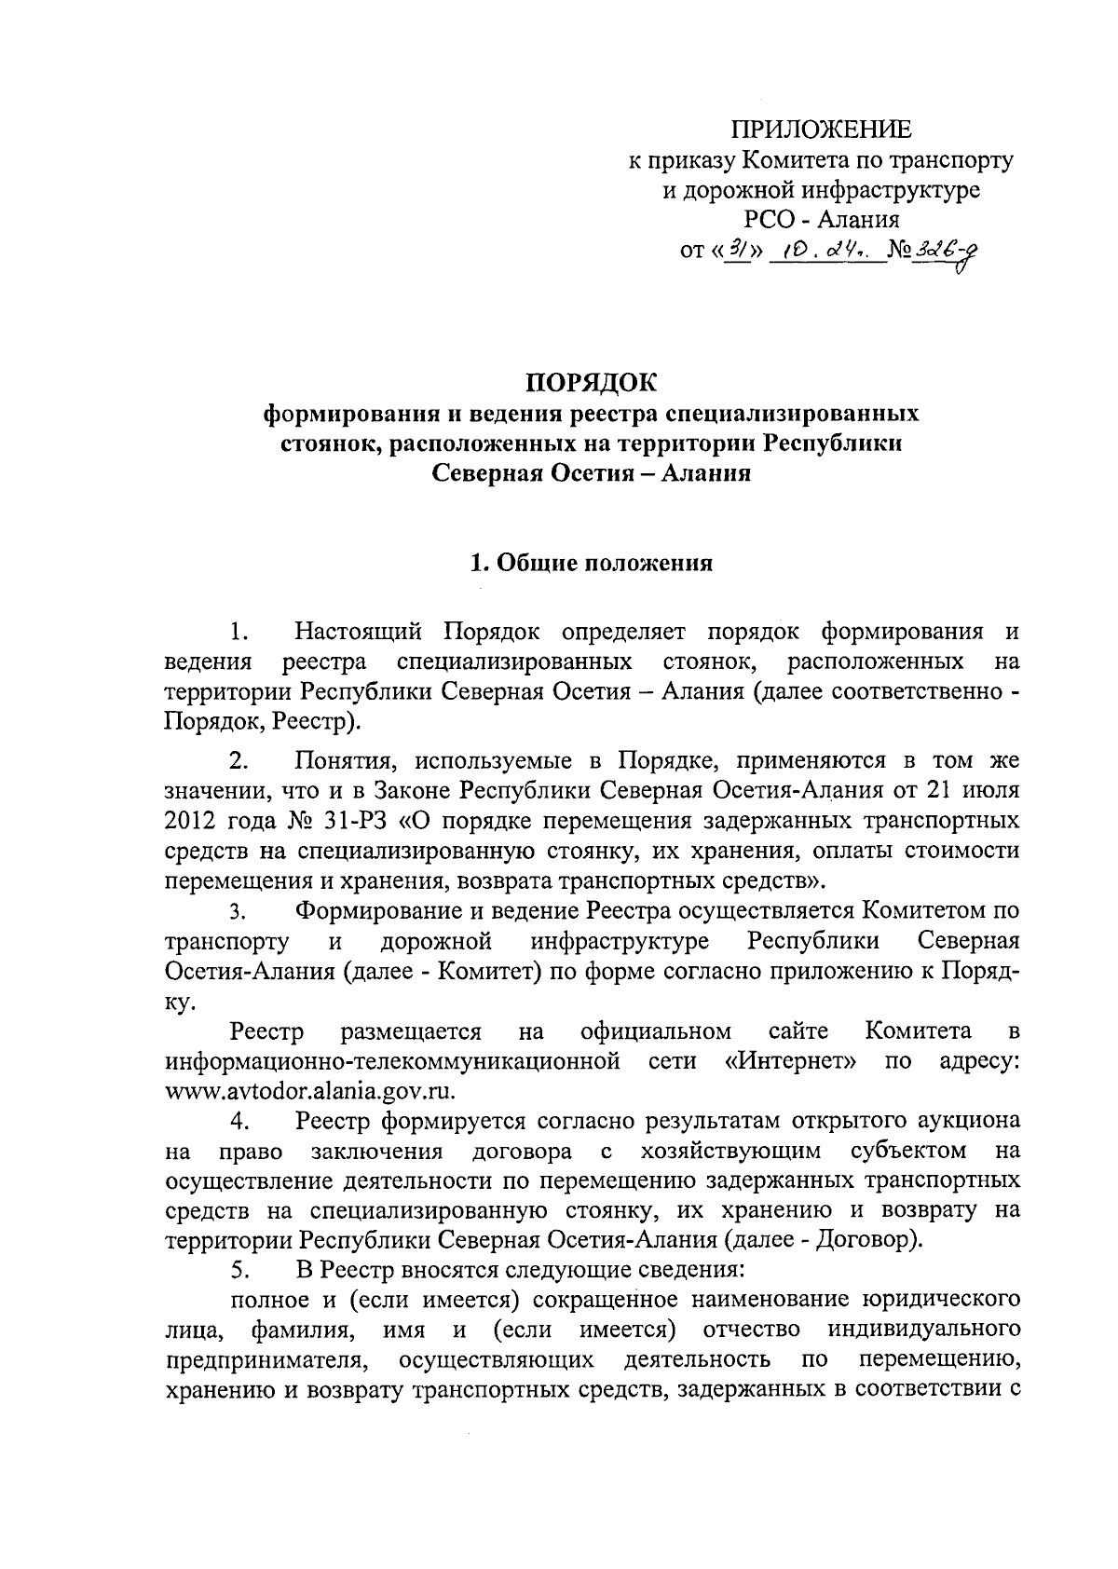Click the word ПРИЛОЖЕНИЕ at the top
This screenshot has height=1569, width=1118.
[x=820, y=130]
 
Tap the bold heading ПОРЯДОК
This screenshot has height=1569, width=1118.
[x=591, y=382]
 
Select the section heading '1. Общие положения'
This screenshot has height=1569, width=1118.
[x=591, y=563]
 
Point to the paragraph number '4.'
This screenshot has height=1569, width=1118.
[x=239, y=1121]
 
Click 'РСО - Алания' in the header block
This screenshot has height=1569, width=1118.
[x=821, y=220]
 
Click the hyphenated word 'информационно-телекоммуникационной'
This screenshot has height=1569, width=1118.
[x=392, y=1060]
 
